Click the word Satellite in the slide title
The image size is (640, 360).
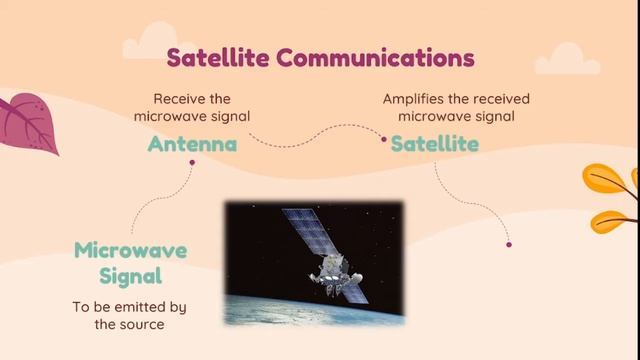click(219, 57)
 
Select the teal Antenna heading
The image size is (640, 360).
click(192, 144)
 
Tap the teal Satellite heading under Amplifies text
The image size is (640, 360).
click(434, 144)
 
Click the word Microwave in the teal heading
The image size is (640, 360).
click(130, 249)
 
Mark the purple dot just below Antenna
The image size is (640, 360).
click(192, 162)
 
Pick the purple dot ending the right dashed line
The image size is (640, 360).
click(509, 244)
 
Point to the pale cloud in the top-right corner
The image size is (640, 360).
click(567, 60)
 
